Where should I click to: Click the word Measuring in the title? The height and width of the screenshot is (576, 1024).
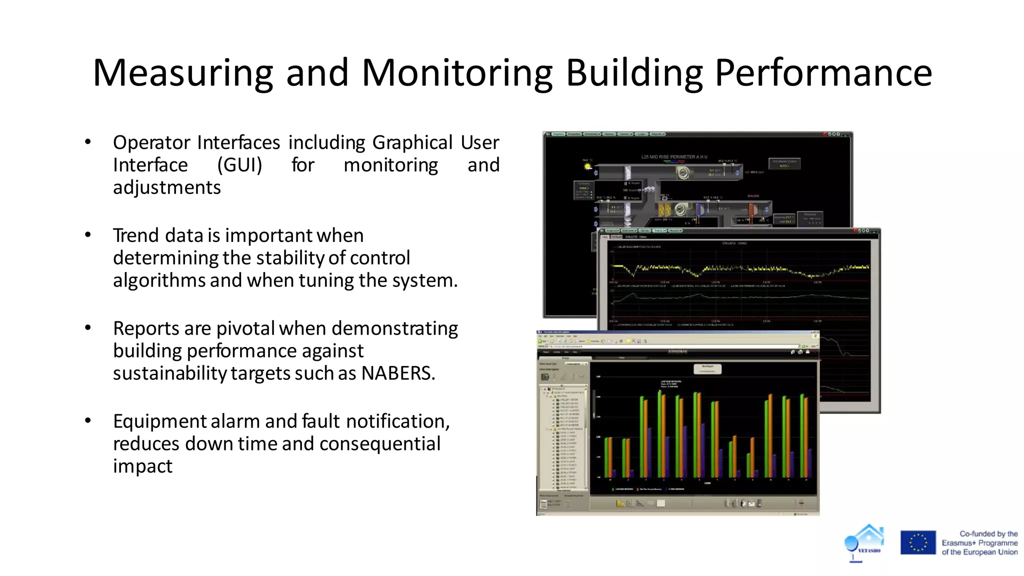[183, 73]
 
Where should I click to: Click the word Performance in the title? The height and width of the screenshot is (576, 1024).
[823, 73]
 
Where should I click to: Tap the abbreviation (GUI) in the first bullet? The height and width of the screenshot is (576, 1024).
[239, 165]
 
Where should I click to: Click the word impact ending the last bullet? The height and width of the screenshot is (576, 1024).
[142, 466]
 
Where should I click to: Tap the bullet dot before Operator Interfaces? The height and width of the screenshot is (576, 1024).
[88, 142]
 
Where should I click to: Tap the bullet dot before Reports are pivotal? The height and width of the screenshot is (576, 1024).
[88, 328]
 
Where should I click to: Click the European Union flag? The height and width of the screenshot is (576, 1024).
[918, 542]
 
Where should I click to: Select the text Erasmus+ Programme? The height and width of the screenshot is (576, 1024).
[979, 543]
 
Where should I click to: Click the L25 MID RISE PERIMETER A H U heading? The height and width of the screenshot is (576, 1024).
[674, 157]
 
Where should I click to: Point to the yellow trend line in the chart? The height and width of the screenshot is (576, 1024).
[740, 269]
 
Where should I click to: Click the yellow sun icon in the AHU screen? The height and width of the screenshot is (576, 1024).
[587, 166]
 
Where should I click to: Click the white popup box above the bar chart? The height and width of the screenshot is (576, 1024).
[707, 369]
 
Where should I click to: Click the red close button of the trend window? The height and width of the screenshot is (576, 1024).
[855, 231]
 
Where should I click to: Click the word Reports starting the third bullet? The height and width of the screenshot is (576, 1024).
[146, 328]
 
